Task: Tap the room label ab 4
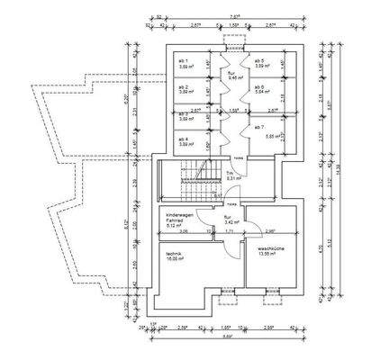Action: tap(183, 139)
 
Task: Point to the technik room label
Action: tap(174, 256)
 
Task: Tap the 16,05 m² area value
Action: tap(174, 261)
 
